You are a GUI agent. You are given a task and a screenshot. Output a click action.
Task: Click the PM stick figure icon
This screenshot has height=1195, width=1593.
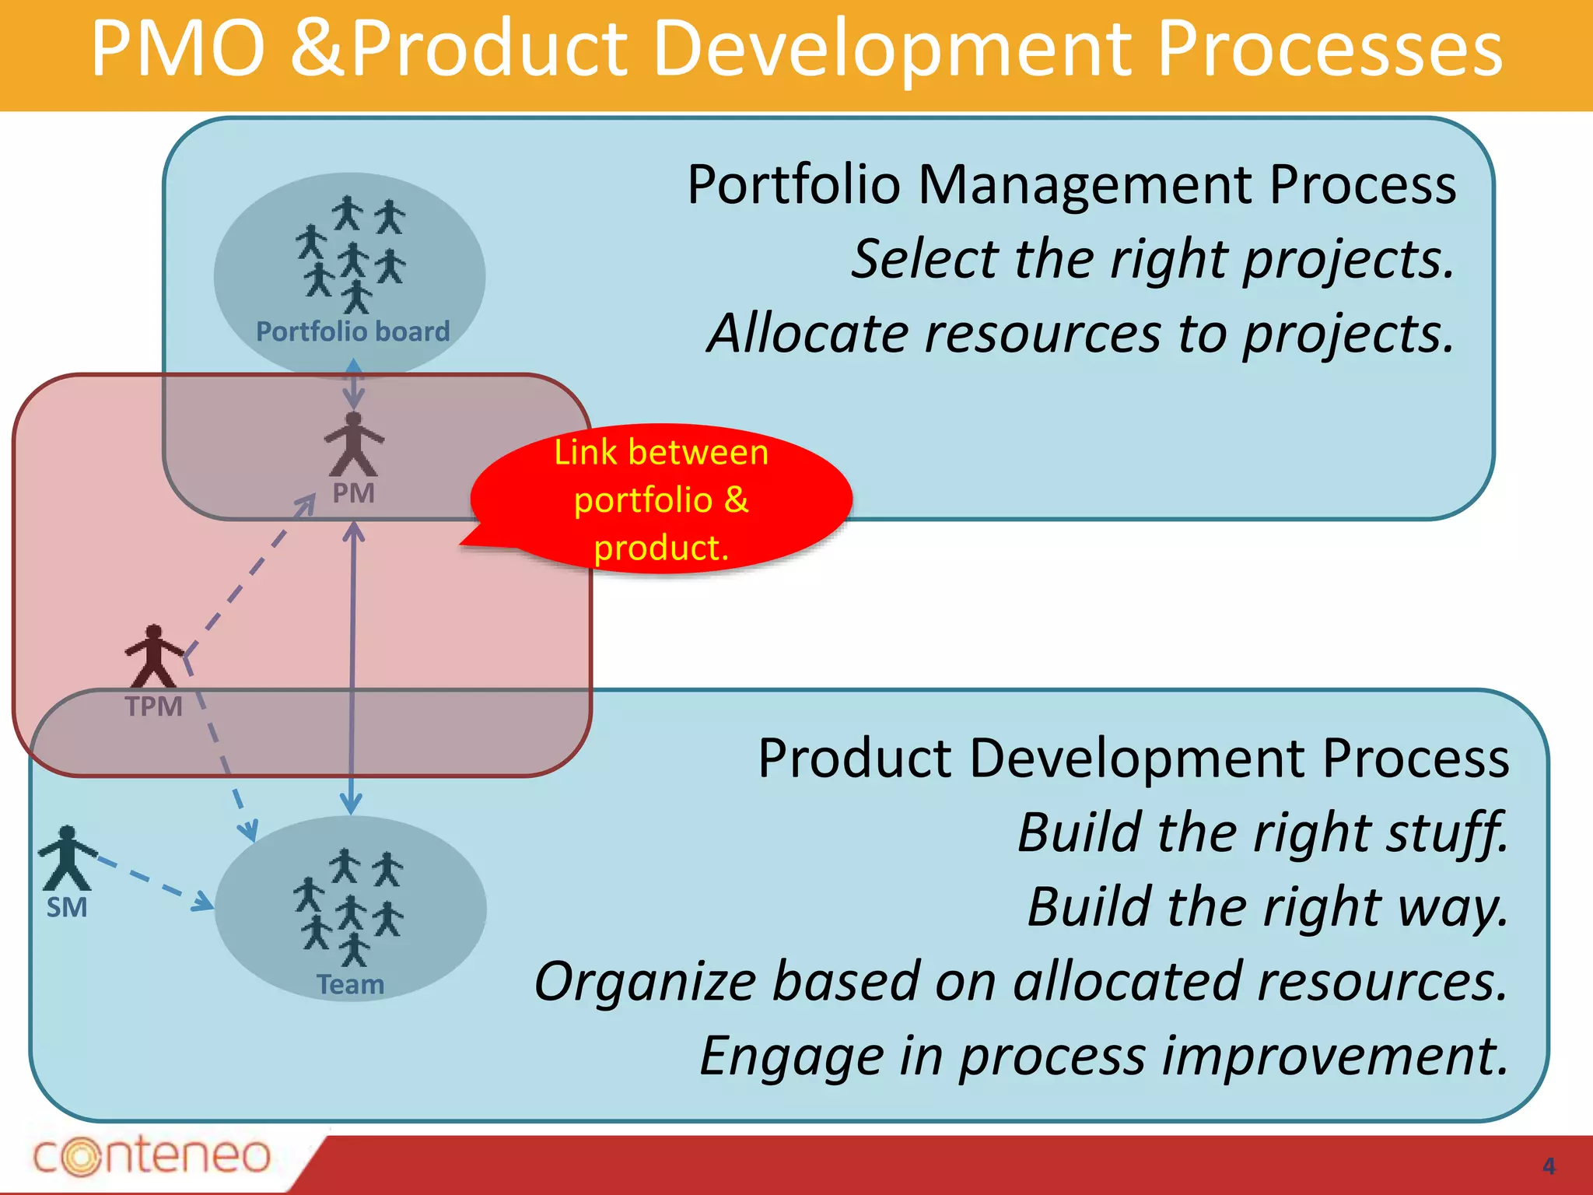point(354,445)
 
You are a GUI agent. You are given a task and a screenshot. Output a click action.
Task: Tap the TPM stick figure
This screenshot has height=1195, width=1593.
point(154,656)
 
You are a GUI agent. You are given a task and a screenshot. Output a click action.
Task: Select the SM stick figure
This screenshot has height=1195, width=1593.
point(67,858)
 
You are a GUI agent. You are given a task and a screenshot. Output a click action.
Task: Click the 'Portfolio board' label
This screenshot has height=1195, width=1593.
point(353,331)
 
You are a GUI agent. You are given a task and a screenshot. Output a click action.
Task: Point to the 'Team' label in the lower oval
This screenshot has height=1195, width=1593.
point(350,984)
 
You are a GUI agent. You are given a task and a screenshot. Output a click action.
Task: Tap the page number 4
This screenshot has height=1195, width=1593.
point(1548,1166)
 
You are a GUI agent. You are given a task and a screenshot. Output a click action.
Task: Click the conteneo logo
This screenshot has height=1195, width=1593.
point(152,1155)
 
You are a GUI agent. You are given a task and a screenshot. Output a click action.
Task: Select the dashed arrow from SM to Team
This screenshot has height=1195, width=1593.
point(152,883)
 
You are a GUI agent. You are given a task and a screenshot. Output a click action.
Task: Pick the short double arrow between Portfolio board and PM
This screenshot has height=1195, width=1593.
point(354,384)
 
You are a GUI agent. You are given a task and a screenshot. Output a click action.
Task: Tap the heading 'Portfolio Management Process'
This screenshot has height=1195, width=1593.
point(1072,185)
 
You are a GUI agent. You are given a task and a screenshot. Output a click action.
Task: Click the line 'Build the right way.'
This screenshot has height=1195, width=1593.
point(1268,907)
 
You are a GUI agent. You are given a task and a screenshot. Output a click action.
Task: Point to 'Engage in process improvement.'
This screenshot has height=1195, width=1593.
point(1105,1057)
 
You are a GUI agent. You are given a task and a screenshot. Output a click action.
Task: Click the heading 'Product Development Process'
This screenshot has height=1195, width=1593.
point(1133,758)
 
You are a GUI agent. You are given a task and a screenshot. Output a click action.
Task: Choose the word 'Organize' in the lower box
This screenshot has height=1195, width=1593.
point(646,982)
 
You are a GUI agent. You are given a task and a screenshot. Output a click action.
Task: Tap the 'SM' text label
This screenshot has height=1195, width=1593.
point(67,908)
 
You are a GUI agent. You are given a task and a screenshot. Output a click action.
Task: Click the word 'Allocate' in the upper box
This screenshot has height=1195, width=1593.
point(809,333)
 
